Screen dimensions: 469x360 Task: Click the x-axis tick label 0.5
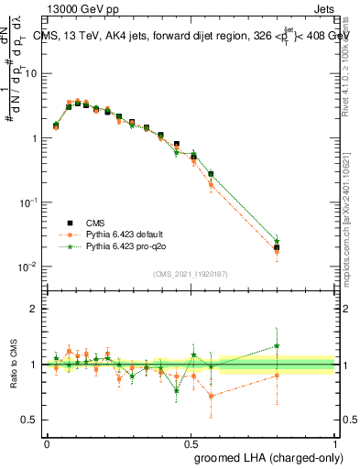point(191,442)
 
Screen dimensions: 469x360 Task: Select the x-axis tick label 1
point(334,442)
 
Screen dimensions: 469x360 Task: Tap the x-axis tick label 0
point(47,442)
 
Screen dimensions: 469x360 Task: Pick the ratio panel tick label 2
point(34,309)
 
